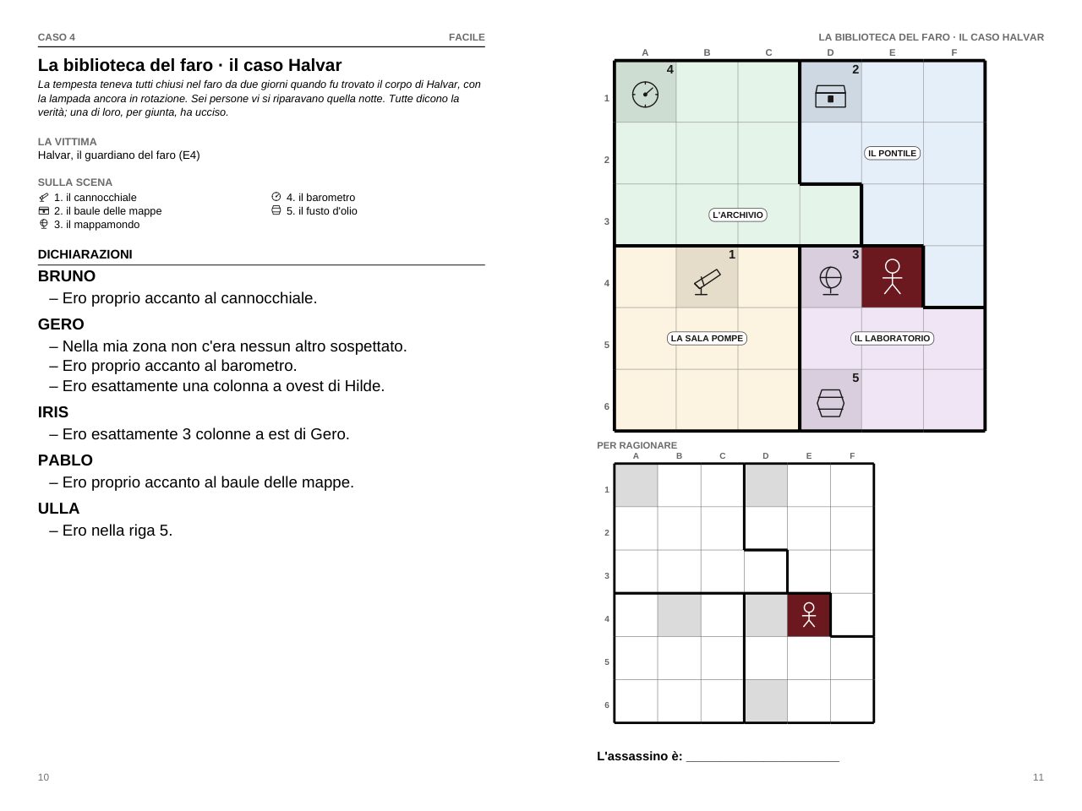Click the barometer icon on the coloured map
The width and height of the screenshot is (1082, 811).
point(645,94)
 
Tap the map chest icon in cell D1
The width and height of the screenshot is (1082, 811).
point(830,96)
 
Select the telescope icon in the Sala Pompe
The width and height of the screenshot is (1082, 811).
point(707,282)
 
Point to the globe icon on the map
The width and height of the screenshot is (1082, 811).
point(830,280)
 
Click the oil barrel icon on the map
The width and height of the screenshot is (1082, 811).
point(830,403)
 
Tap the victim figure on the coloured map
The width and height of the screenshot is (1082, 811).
point(892,277)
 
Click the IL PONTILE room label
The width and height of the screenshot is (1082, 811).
point(892,153)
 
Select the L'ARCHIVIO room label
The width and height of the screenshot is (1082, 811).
point(737,215)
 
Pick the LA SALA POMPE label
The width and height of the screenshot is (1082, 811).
point(707,338)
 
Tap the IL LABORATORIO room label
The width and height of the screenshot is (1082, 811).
point(892,338)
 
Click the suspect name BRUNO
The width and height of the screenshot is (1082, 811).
point(67,275)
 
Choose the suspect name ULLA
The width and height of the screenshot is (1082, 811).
point(58,509)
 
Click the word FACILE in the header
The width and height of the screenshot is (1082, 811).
point(467,37)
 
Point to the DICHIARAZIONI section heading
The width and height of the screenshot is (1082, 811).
point(85,254)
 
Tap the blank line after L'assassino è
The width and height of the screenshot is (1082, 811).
point(762,761)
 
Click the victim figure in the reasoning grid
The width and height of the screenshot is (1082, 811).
point(808,615)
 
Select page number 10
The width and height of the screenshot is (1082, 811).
point(43,777)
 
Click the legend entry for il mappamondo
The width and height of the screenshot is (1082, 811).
point(89,225)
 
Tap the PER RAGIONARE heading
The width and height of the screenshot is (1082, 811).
point(637,445)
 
